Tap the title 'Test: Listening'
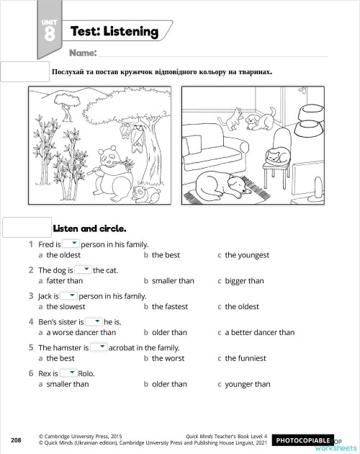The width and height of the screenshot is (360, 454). pos(114,32)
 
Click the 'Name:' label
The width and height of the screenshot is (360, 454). pos(83,53)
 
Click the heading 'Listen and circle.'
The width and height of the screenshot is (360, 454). pos(89,228)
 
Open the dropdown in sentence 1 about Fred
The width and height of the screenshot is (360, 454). pos(71,244)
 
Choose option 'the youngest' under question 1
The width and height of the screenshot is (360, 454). pos(247,255)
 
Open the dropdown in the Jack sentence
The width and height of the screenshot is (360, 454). pos(68,296)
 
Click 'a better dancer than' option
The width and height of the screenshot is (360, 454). pos(259,332)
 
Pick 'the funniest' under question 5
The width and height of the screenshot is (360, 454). pos(246,358)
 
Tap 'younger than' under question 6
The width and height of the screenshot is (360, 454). pos(248,384)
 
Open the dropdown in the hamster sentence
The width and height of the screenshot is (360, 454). pos(98,347)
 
